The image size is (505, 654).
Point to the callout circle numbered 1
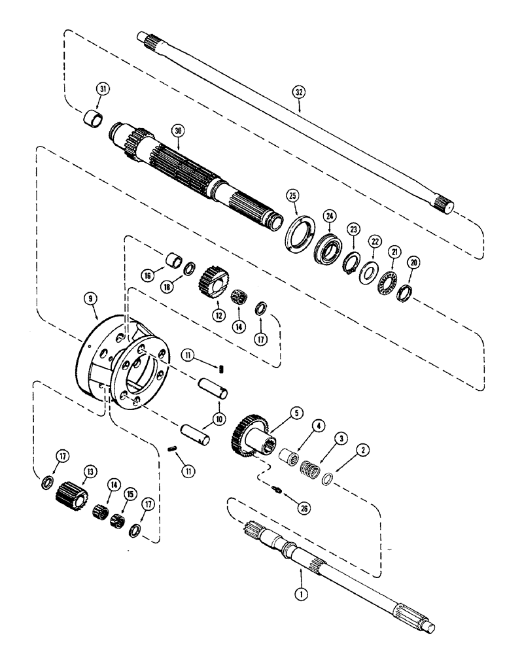pos(300,578)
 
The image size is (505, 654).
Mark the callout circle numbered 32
pos(299,93)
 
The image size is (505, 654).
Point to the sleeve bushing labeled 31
pos(91,120)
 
